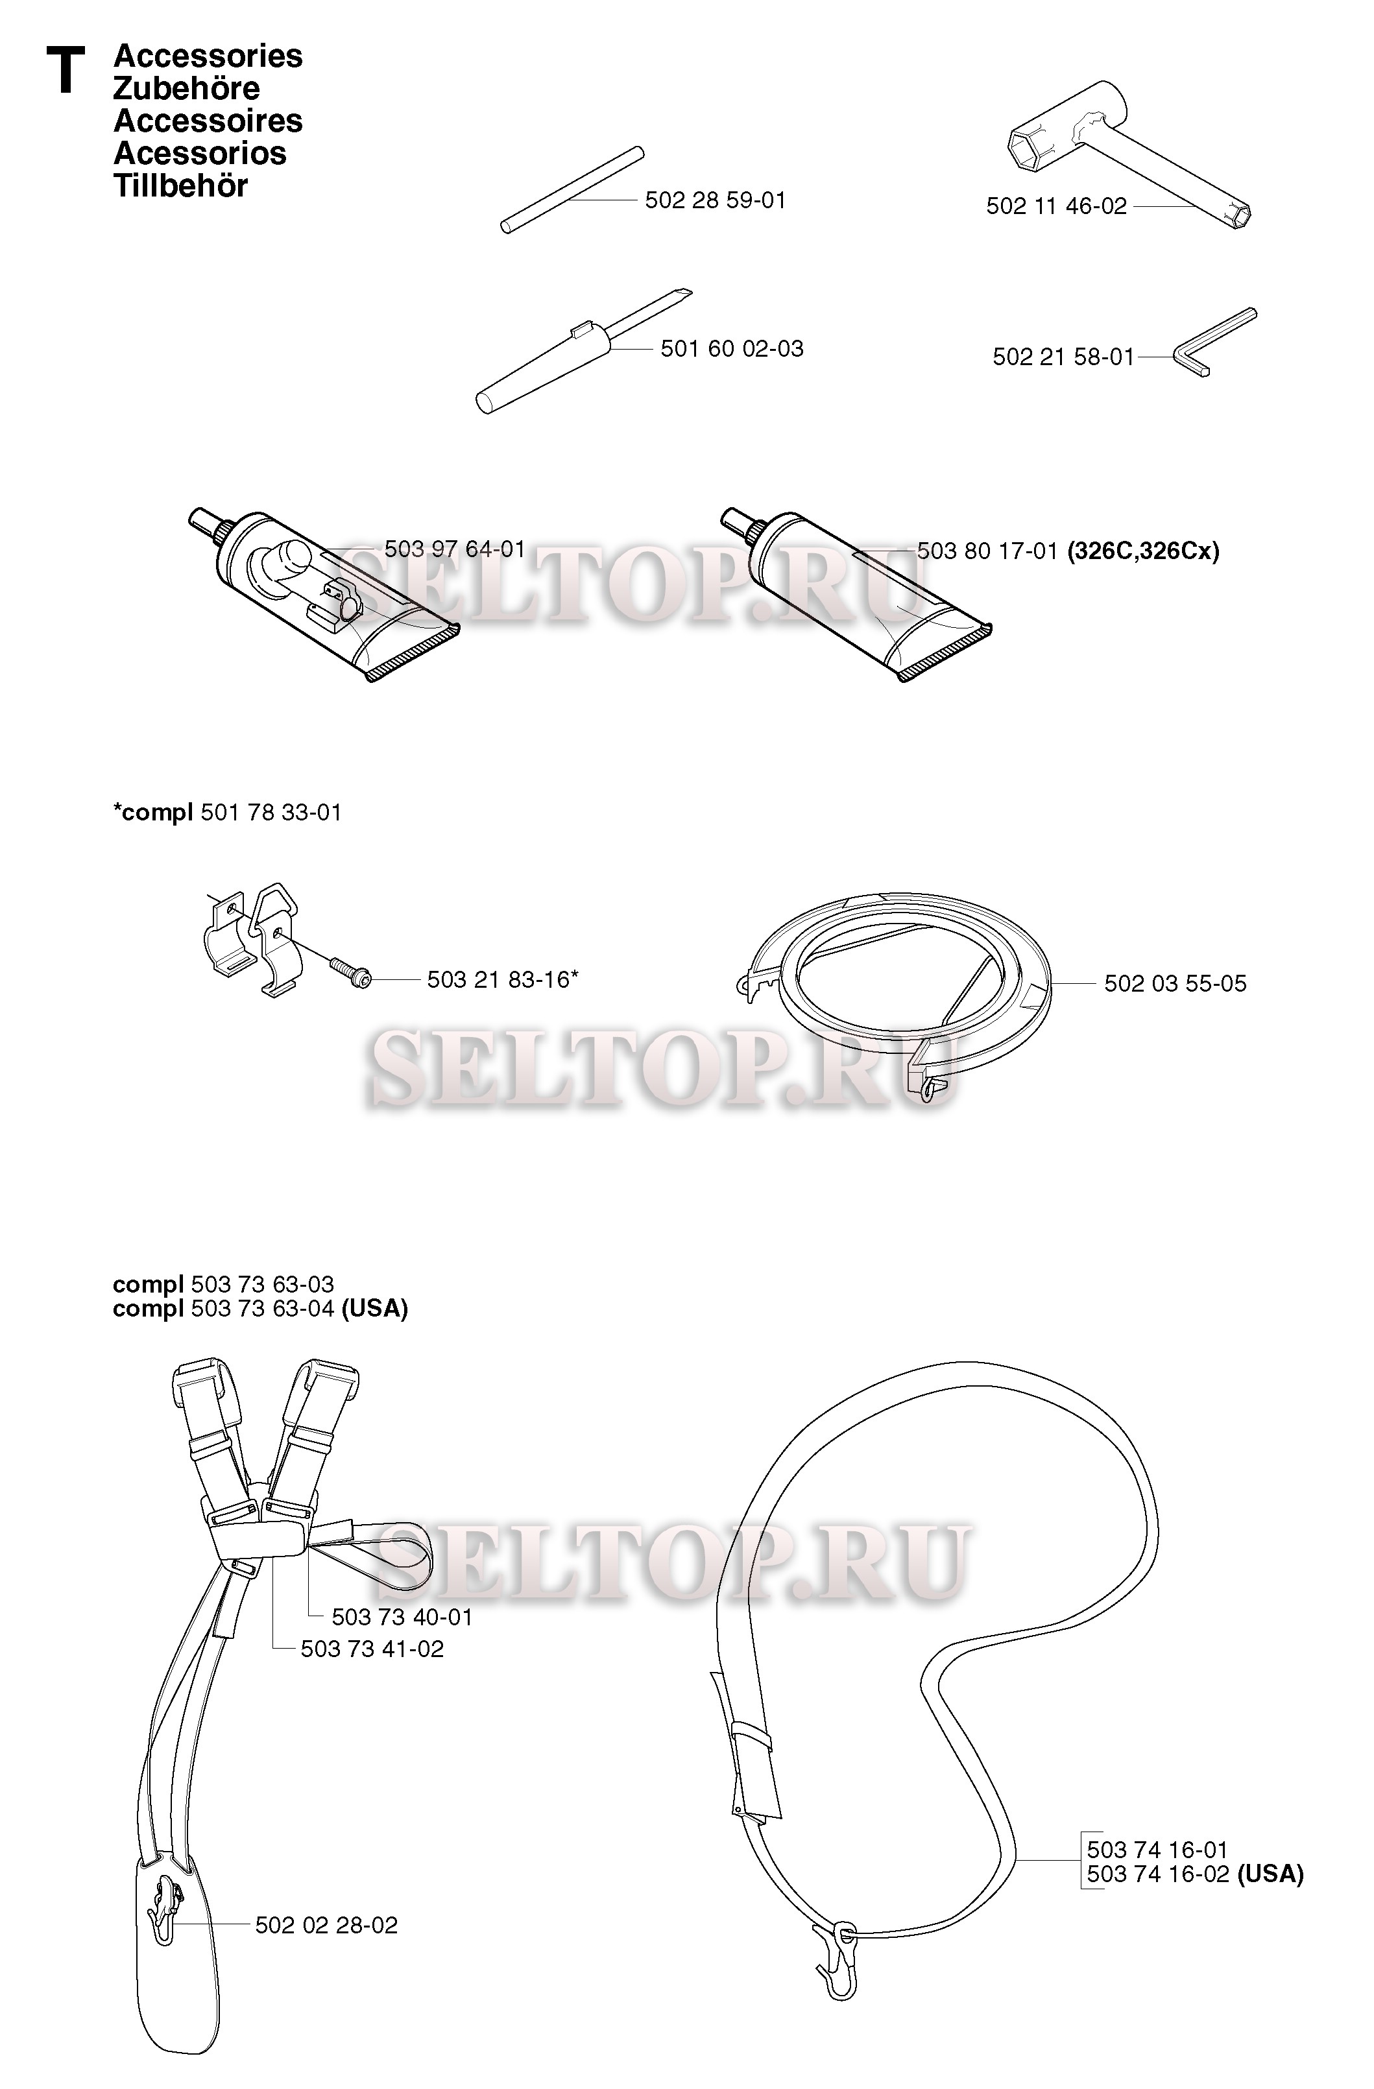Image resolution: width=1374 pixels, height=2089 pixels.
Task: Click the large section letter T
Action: pyautogui.click(x=66, y=71)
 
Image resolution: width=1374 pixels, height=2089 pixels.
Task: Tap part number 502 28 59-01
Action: pyautogui.click(x=716, y=200)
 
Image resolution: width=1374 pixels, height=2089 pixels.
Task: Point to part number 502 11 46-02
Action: pyautogui.click(x=1056, y=206)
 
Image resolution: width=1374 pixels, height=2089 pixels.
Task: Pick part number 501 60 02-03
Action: pyautogui.click(x=731, y=348)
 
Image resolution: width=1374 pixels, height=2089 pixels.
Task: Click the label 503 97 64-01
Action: pyautogui.click(x=455, y=549)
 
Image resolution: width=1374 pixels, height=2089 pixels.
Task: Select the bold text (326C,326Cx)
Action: pyautogui.click(x=1143, y=551)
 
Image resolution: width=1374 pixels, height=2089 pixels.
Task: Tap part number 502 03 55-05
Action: pyautogui.click(x=1175, y=983)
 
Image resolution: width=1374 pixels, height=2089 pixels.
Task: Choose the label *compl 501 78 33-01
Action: pyautogui.click(x=228, y=813)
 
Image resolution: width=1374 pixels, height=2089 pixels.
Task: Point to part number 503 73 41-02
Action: pyautogui.click(x=372, y=1649)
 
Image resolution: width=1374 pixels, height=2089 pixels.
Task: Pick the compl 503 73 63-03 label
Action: pyautogui.click(x=223, y=1284)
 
